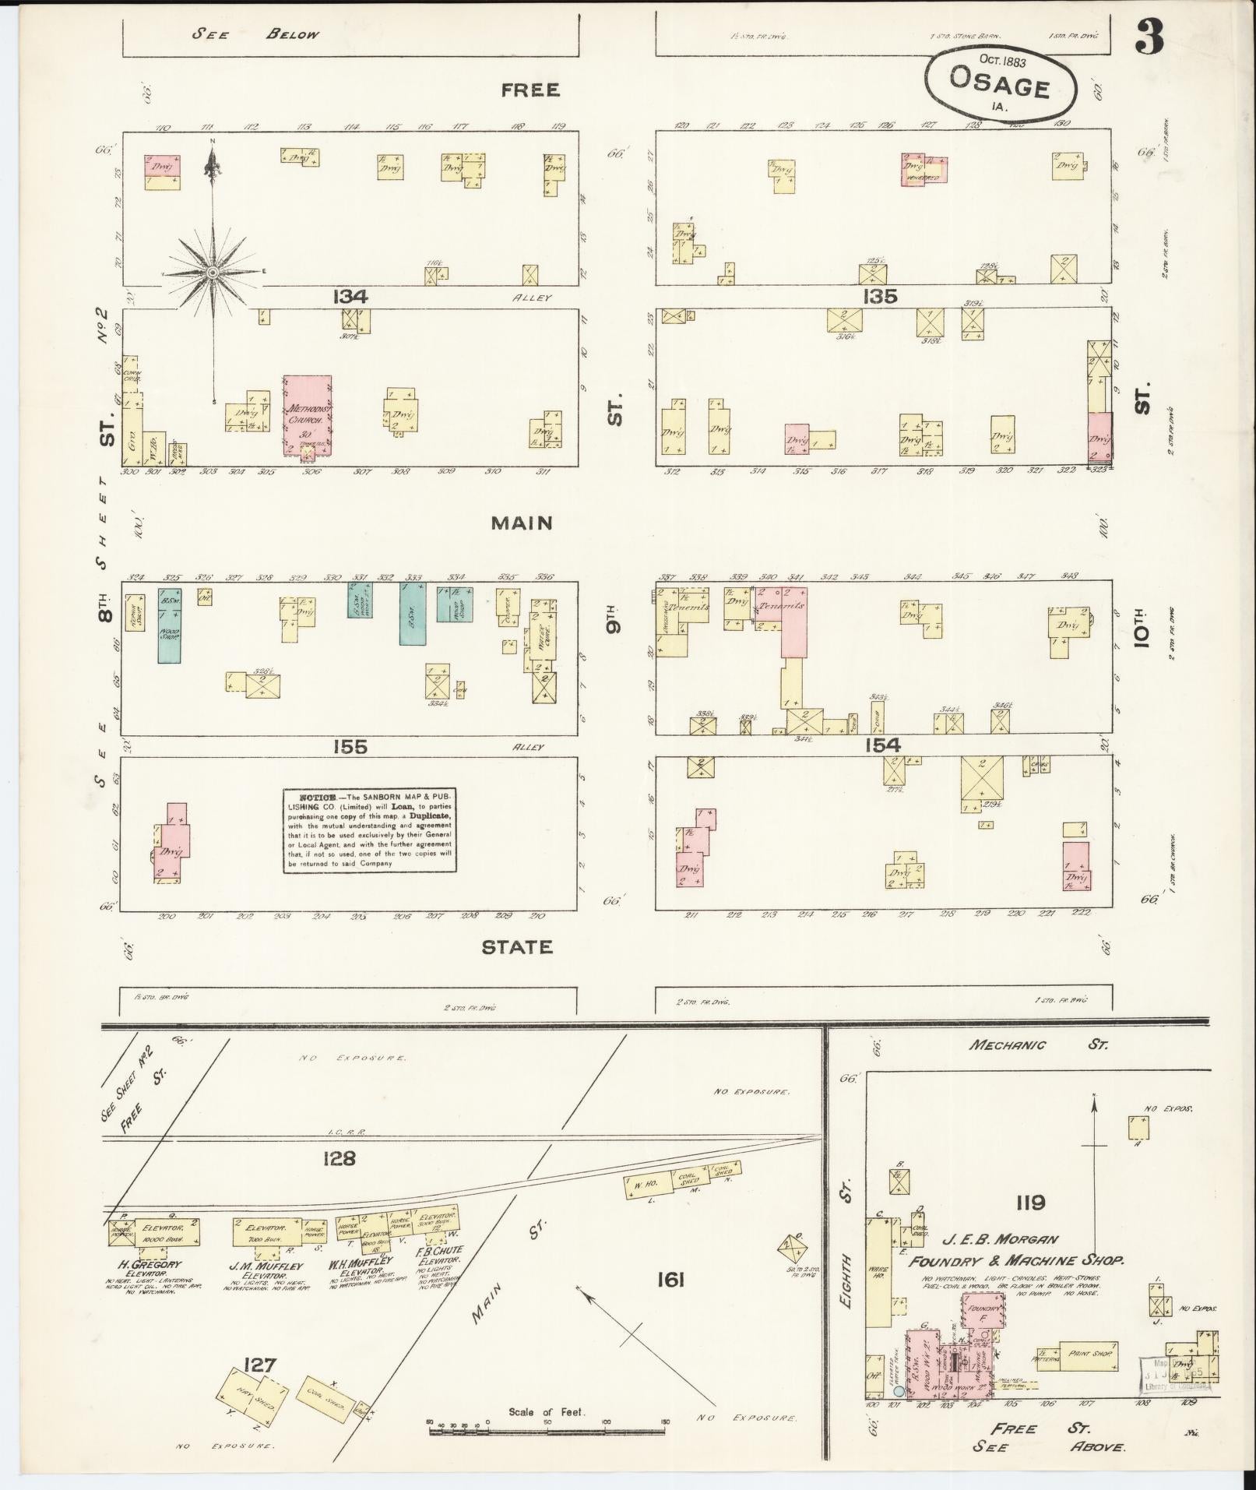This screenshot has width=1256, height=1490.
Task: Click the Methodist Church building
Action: pos(308,414)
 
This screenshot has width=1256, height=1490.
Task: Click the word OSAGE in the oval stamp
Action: pos(1000,82)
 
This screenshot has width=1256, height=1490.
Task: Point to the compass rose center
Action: pos(212,273)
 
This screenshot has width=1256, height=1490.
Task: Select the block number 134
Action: pos(349,297)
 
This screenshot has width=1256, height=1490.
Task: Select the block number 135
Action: pos(880,297)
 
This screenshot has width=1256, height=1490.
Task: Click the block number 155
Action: pos(349,747)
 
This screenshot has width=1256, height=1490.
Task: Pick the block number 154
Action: pos(882,745)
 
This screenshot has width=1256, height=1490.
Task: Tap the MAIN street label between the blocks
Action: pos(522,523)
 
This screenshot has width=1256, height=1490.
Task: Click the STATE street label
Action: pos(517,947)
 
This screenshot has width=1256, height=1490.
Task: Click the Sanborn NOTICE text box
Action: pos(369,830)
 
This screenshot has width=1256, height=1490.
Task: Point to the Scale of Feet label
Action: pos(546,1411)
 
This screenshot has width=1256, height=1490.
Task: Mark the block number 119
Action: pos(1029,1203)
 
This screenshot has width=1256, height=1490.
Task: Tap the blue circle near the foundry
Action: pos(899,1391)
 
